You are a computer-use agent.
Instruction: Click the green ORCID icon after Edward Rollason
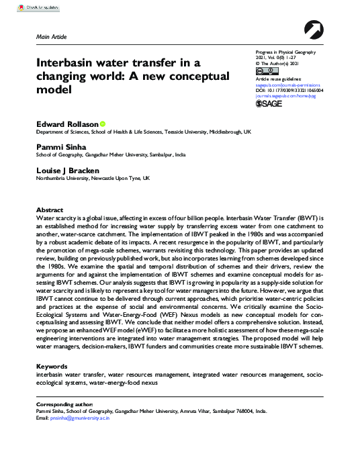click(x=103, y=124)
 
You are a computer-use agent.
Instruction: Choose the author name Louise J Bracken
click(x=69, y=171)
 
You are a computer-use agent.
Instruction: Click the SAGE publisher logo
click(x=269, y=103)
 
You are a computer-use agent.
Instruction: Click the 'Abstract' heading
click(x=49, y=210)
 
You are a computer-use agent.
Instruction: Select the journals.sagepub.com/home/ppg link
click(x=289, y=95)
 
